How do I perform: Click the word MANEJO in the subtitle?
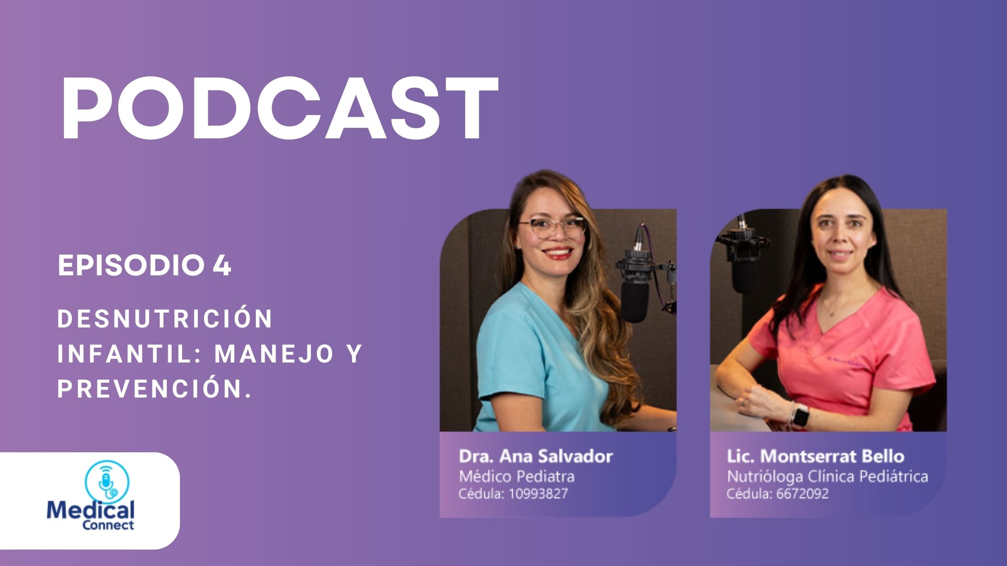point(274,354)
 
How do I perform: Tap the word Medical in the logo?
point(90,511)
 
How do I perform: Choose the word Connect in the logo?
point(108,525)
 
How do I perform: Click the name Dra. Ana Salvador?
point(535,456)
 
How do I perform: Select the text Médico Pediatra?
point(517,476)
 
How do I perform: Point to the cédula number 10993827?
point(538,494)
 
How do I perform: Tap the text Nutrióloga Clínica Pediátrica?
point(827,476)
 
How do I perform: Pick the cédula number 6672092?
point(802,494)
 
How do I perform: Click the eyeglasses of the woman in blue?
point(553,227)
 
